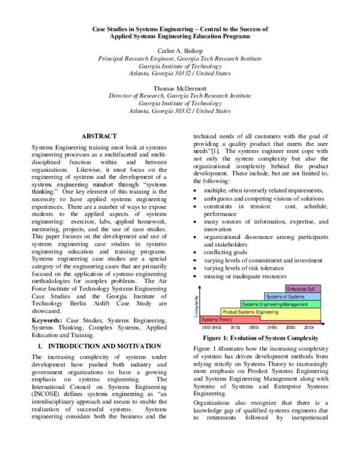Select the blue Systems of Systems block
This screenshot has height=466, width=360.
(286, 297)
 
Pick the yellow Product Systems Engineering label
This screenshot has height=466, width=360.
(250, 312)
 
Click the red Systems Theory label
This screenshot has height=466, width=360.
(217, 320)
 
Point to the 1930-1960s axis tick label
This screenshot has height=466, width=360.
(211, 328)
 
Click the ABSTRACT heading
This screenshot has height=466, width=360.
(99, 137)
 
